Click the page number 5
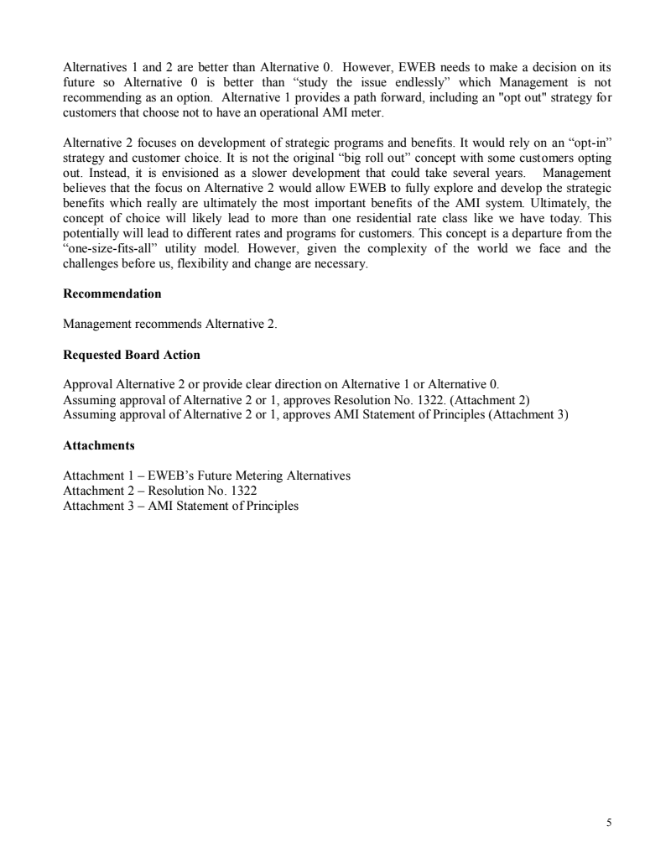tap(608, 823)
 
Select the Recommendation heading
tap(112, 294)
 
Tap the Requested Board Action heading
tap(132, 355)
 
